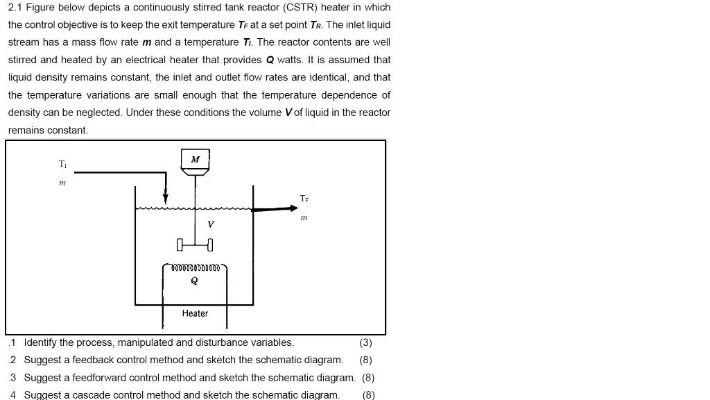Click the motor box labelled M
pyautogui.click(x=195, y=160)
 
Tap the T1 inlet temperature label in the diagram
pyautogui.click(x=63, y=165)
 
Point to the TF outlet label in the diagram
pyautogui.click(x=304, y=199)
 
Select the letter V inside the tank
pyautogui.click(x=211, y=224)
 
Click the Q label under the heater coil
pyautogui.click(x=194, y=281)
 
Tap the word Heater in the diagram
pyautogui.click(x=195, y=313)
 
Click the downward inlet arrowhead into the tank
pyautogui.click(x=166, y=199)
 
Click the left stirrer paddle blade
pyautogui.click(x=180, y=244)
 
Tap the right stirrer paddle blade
pyautogui.click(x=210, y=244)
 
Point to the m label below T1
pyautogui.click(x=62, y=183)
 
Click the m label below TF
pyautogui.click(x=304, y=217)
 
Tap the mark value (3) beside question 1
pyautogui.click(x=366, y=342)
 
